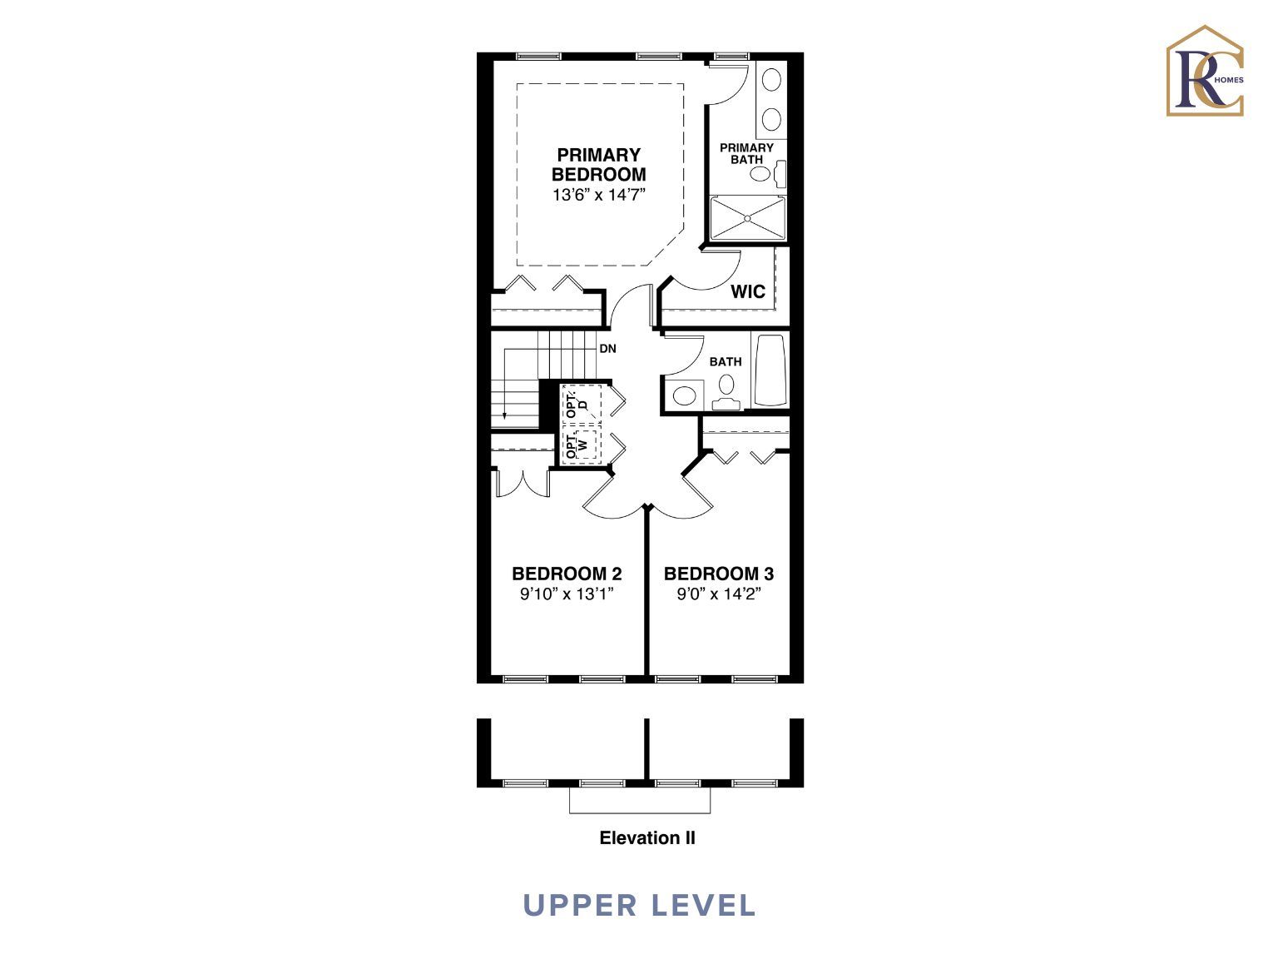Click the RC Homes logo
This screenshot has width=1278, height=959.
(1205, 71)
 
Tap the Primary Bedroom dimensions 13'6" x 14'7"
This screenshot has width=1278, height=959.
(599, 195)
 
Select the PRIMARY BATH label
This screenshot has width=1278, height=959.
(746, 153)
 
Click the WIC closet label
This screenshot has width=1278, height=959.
(748, 291)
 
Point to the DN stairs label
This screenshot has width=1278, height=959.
(608, 348)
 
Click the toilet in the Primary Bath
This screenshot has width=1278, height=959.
(767, 173)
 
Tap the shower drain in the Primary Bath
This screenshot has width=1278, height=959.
(748, 218)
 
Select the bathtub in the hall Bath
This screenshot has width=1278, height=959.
(770, 370)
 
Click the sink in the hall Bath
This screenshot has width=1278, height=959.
(684, 396)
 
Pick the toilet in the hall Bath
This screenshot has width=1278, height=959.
(726, 392)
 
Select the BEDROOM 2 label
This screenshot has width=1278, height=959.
(567, 574)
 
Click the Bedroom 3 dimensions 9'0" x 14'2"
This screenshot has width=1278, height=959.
(719, 594)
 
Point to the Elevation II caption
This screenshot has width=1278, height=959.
(646, 838)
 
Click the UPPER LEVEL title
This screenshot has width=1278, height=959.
(639, 906)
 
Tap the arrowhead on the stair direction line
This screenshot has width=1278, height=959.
(504, 415)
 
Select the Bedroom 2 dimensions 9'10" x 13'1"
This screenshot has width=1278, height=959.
(567, 594)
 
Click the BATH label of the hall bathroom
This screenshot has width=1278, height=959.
(726, 361)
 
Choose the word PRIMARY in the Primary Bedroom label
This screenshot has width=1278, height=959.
(598, 155)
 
